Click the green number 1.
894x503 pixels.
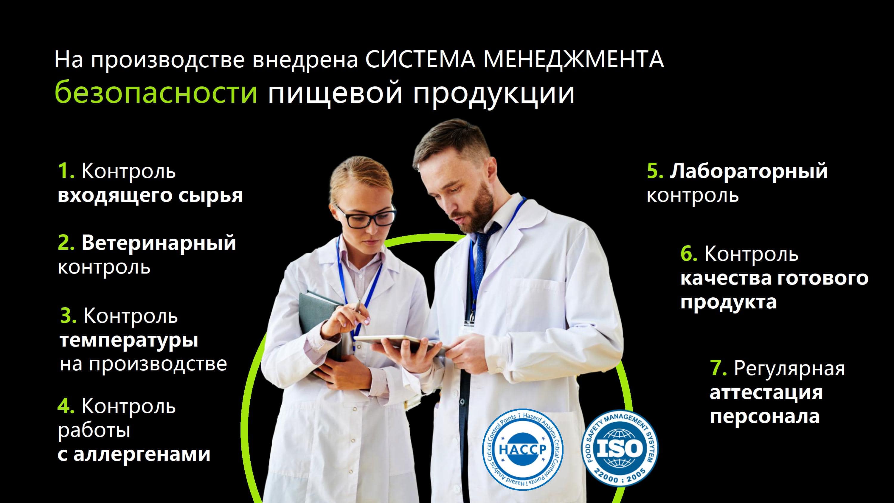66,171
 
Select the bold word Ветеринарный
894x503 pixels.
159,243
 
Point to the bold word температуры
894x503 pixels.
129,341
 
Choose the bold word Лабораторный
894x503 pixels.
749,171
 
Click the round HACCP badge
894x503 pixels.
523,449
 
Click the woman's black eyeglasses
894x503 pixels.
367,216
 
